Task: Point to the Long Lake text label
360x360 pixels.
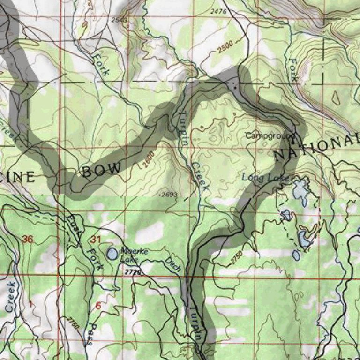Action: pyautogui.click(x=261, y=178)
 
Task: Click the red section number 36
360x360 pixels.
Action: pyautogui.click(x=28, y=240)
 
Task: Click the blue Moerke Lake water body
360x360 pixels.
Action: pyautogui.click(x=112, y=254)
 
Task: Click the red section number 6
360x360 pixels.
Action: pyautogui.click(x=98, y=306)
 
